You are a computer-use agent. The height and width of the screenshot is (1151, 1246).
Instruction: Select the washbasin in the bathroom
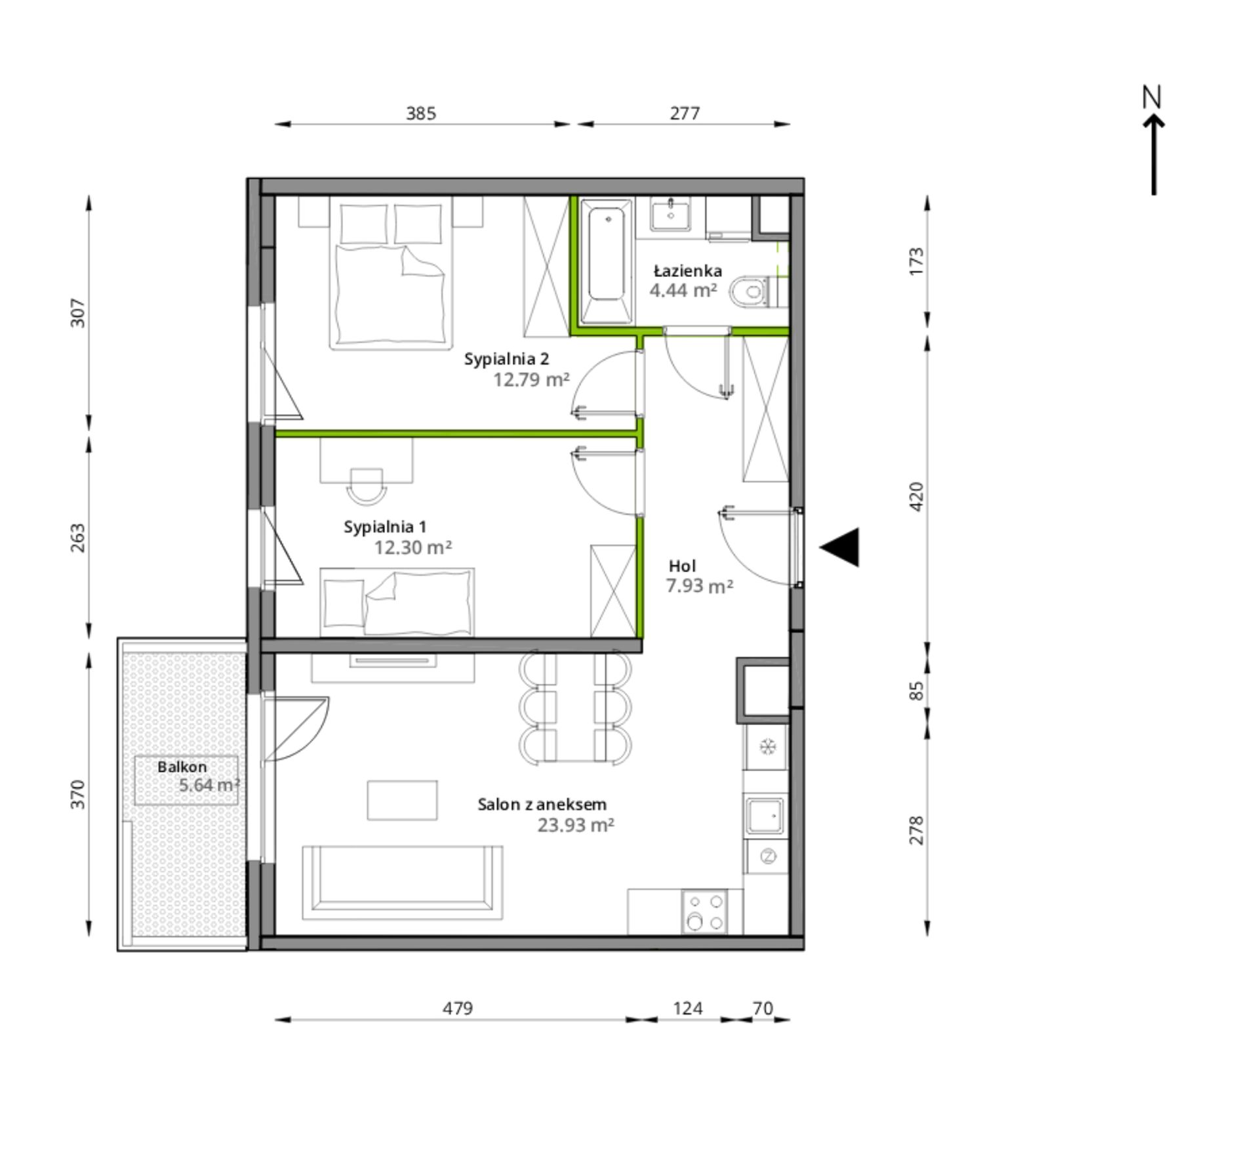click(670, 214)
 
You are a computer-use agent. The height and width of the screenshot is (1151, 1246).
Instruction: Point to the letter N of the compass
click(1152, 97)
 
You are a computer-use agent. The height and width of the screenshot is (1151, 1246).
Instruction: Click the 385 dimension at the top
click(421, 114)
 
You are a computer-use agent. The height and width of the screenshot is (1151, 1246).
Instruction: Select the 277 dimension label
click(685, 114)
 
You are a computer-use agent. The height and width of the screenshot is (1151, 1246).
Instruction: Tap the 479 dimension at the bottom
click(457, 1008)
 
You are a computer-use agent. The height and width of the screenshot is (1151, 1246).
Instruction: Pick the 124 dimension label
click(687, 1008)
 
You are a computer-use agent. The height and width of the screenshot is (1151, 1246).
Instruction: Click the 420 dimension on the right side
click(917, 497)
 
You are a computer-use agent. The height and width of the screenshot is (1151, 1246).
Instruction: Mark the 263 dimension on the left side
click(78, 537)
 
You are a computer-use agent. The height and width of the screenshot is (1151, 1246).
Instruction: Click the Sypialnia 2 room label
click(507, 359)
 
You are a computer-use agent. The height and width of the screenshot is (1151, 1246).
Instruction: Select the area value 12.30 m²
click(413, 547)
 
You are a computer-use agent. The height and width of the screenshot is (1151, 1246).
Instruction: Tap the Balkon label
click(182, 766)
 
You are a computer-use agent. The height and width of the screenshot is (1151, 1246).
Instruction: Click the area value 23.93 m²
click(576, 825)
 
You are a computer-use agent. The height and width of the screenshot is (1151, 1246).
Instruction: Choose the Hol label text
click(683, 566)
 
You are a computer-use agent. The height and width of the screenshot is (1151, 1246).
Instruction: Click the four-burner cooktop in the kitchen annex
click(704, 911)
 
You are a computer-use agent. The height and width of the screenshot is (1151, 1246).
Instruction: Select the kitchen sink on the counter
click(765, 816)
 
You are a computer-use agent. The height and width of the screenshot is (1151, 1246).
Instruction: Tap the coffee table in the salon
click(402, 800)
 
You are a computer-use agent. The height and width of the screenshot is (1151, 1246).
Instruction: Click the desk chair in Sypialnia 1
click(366, 486)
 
